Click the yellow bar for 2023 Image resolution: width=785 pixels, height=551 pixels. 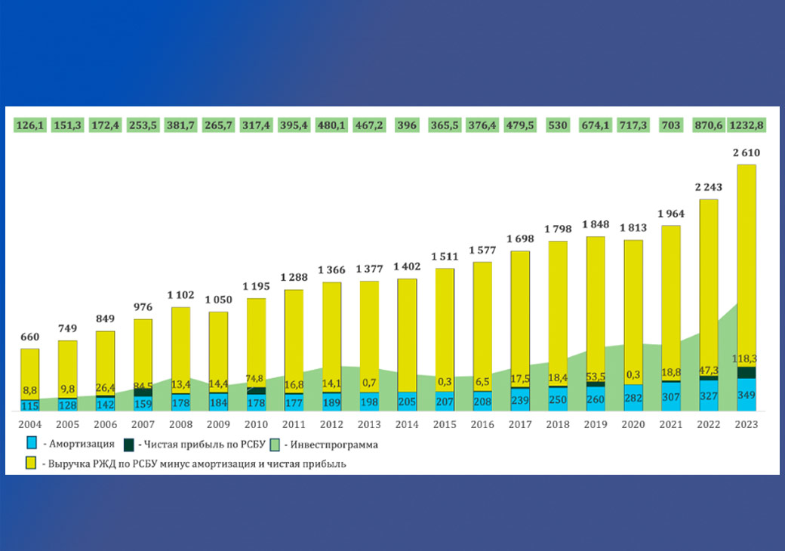click(x=746, y=257)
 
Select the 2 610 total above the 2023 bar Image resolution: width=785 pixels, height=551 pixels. click(x=746, y=152)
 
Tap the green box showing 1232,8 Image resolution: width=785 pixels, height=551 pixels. click(x=746, y=124)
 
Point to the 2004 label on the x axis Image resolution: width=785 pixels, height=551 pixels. click(x=29, y=425)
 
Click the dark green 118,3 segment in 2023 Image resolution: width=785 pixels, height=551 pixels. click(x=746, y=372)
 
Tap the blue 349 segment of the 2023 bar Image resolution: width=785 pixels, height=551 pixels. click(x=746, y=395)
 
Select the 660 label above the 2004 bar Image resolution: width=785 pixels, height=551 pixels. click(x=29, y=337)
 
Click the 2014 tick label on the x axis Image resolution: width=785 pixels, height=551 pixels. click(x=407, y=425)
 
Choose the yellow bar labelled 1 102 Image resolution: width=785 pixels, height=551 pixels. click(x=180, y=347)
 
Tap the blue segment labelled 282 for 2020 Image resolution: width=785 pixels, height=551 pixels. click(x=633, y=398)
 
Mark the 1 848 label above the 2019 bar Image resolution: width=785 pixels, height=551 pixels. click(x=596, y=225)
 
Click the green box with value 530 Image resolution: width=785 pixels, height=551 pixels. click(x=558, y=124)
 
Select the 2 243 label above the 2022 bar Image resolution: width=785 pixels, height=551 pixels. click(x=708, y=188)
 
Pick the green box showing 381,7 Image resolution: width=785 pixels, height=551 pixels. click(x=180, y=124)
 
